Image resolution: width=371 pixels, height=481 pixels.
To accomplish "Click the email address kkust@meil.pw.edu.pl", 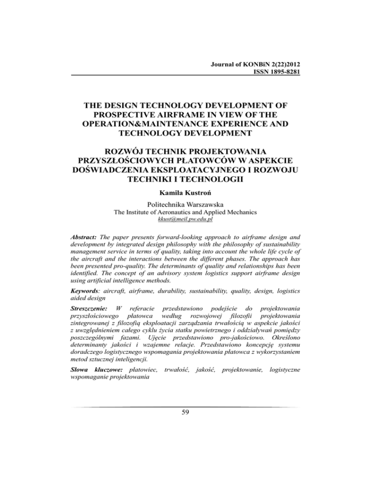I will (185, 219).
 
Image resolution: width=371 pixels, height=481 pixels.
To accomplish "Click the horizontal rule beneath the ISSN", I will (185, 75).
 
